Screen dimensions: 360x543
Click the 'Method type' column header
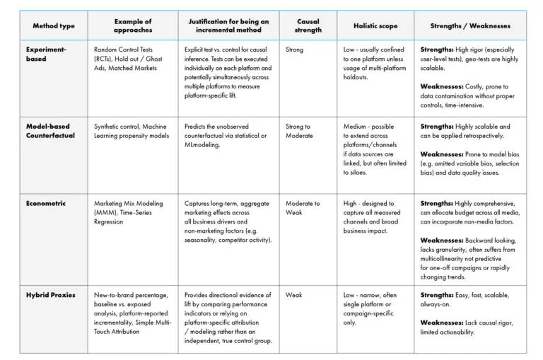pos(54,26)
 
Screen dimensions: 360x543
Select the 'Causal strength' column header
pos(308,25)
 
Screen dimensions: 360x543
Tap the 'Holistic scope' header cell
pos(375,26)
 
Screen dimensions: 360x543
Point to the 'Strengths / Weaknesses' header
pos(470,26)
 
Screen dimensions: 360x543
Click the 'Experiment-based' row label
pos(46,54)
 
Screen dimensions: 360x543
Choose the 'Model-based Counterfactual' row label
pos(50,131)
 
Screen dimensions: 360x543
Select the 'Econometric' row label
pos(46,203)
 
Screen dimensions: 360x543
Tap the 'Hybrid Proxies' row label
pos(51,294)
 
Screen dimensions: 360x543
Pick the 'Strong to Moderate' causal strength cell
pos(298,131)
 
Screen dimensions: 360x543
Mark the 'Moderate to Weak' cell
pos(303,208)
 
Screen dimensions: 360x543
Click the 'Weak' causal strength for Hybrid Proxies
pos(293,294)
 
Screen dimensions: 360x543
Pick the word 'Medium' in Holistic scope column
pos(356,127)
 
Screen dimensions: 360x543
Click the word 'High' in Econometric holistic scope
pos(350,204)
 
